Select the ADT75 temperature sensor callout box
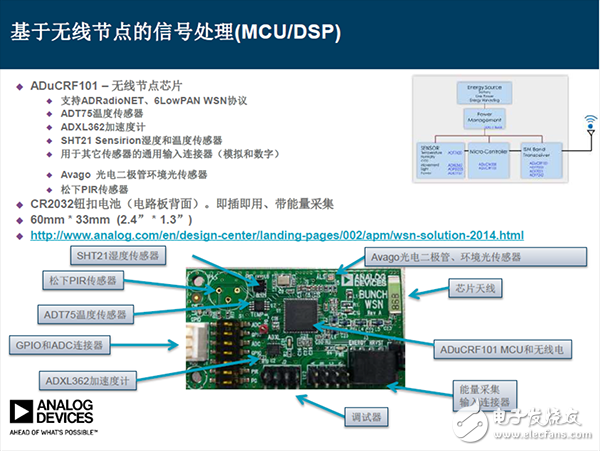85,314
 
